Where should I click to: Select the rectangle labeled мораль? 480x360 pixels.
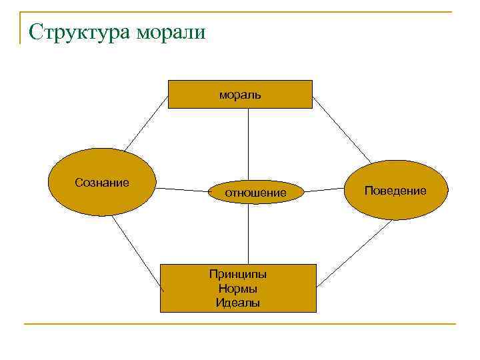tap(240, 94)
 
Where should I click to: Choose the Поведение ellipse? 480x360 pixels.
tap(395, 190)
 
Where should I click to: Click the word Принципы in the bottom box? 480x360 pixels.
tap(238, 274)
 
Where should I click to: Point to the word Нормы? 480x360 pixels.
tap(238, 289)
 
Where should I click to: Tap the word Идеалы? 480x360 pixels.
tap(238, 303)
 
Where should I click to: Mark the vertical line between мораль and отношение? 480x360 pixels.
tap(248, 144)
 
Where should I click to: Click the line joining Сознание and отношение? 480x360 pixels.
tap(183, 190)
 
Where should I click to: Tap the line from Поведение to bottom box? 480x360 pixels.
tap(353, 254)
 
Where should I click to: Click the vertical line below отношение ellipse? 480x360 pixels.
tap(249, 233)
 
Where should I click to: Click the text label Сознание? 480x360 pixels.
tap(102, 182)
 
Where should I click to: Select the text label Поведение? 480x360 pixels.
tap(395, 191)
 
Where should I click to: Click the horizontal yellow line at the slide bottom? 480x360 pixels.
tap(240, 325)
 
